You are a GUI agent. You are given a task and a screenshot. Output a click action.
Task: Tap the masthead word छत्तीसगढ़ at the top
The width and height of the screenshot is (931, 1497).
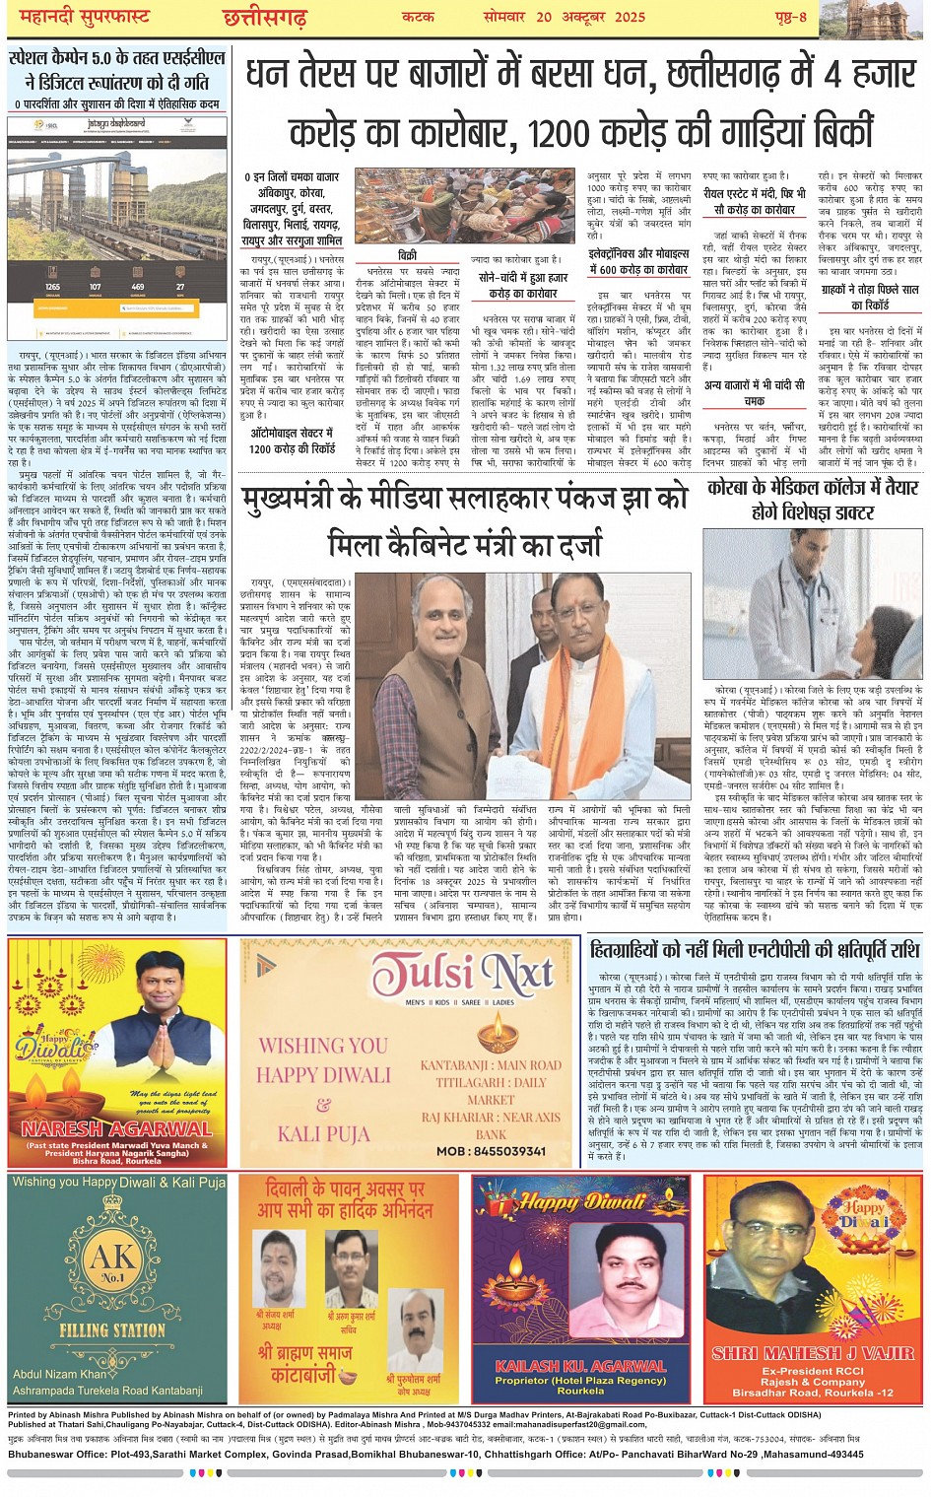[x=264, y=18]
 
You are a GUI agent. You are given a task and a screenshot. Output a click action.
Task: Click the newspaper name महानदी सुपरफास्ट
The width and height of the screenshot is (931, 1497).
[x=80, y=17]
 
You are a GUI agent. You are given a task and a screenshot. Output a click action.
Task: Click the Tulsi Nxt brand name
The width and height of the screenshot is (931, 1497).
[x=462, y=975]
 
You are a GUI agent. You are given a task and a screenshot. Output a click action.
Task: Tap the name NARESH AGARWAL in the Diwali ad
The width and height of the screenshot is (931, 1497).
[x=117, y=1128]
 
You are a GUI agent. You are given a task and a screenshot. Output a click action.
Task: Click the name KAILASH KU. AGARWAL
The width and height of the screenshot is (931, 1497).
[x=580, y=1366]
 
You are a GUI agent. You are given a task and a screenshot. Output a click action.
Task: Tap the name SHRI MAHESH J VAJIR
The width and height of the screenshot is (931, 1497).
[x=813, y=1353]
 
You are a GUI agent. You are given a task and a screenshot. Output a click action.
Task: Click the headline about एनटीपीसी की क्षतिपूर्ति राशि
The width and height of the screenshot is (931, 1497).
[x=755, y=950]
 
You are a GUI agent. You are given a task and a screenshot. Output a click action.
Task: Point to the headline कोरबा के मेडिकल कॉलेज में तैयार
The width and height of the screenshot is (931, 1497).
[x=813, y=487]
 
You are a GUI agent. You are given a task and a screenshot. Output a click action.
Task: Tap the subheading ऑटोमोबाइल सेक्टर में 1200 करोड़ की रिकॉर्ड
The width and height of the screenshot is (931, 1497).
[x=292, y=441]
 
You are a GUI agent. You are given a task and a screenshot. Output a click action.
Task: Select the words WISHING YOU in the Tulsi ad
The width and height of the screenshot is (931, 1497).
[x=323, y=1045]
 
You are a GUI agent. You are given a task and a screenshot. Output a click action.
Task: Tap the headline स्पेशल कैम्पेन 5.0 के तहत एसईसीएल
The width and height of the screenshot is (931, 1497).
[x=117, y=69]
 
